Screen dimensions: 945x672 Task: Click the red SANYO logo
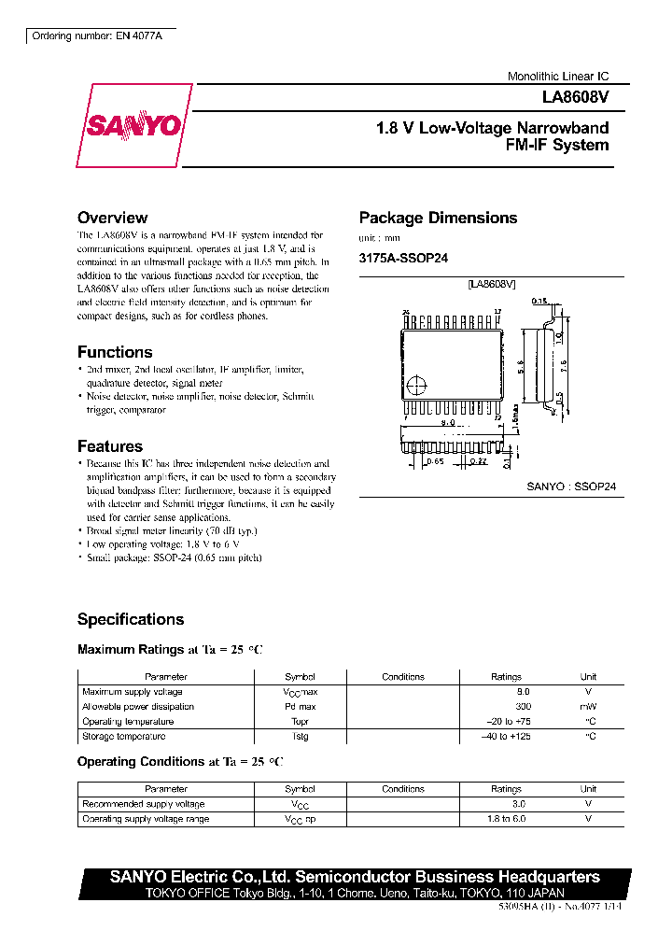click(x=133, y=125)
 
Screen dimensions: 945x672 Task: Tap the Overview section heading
click(x=112, y=218)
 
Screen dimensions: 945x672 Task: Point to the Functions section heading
click(x=115, y=352)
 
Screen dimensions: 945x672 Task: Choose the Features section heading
click(x=110, y=446)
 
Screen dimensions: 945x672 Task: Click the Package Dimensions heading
click(x=438, y=218)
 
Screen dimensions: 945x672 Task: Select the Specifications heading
click(x=131, y=619)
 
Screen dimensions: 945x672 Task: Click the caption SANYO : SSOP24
click(x=571, y=487)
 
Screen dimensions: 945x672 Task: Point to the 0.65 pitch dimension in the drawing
click(x=435, y=460)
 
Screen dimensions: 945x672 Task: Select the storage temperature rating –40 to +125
click(x=507, y=737)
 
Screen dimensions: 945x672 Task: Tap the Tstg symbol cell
click(x=300, y=737)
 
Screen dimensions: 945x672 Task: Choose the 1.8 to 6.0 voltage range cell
click(x=507, y=819)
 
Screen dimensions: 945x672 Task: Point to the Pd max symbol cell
click(x=300, y=707)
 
